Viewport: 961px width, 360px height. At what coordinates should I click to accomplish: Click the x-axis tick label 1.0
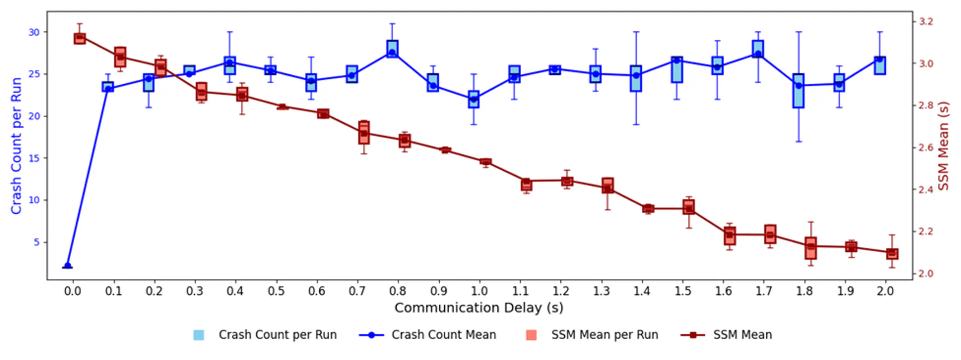479,291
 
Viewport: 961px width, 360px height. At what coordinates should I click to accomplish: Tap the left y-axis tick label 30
34,32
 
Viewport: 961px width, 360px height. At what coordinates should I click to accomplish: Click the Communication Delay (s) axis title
479,308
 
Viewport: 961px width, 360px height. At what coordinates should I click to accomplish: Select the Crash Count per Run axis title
16,145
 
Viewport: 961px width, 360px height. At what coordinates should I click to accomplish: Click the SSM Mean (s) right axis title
944,145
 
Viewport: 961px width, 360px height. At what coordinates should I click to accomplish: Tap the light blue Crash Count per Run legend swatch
198,335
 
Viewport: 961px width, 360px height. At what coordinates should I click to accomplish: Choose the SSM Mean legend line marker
693,335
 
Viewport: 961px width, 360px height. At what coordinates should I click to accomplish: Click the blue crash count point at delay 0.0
68,266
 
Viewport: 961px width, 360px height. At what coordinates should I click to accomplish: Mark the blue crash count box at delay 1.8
798,91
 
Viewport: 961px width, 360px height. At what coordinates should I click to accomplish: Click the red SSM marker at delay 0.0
80,38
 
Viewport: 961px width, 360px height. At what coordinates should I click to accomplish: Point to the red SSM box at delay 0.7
364,133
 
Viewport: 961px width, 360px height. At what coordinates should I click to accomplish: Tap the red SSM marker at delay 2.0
892,254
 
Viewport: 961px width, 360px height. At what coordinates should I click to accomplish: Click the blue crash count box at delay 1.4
636,78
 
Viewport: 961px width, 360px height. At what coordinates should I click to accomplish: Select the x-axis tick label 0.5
276,291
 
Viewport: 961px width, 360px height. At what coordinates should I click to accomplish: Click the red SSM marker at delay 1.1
526,183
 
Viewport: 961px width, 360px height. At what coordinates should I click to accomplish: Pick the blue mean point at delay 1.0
474,99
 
